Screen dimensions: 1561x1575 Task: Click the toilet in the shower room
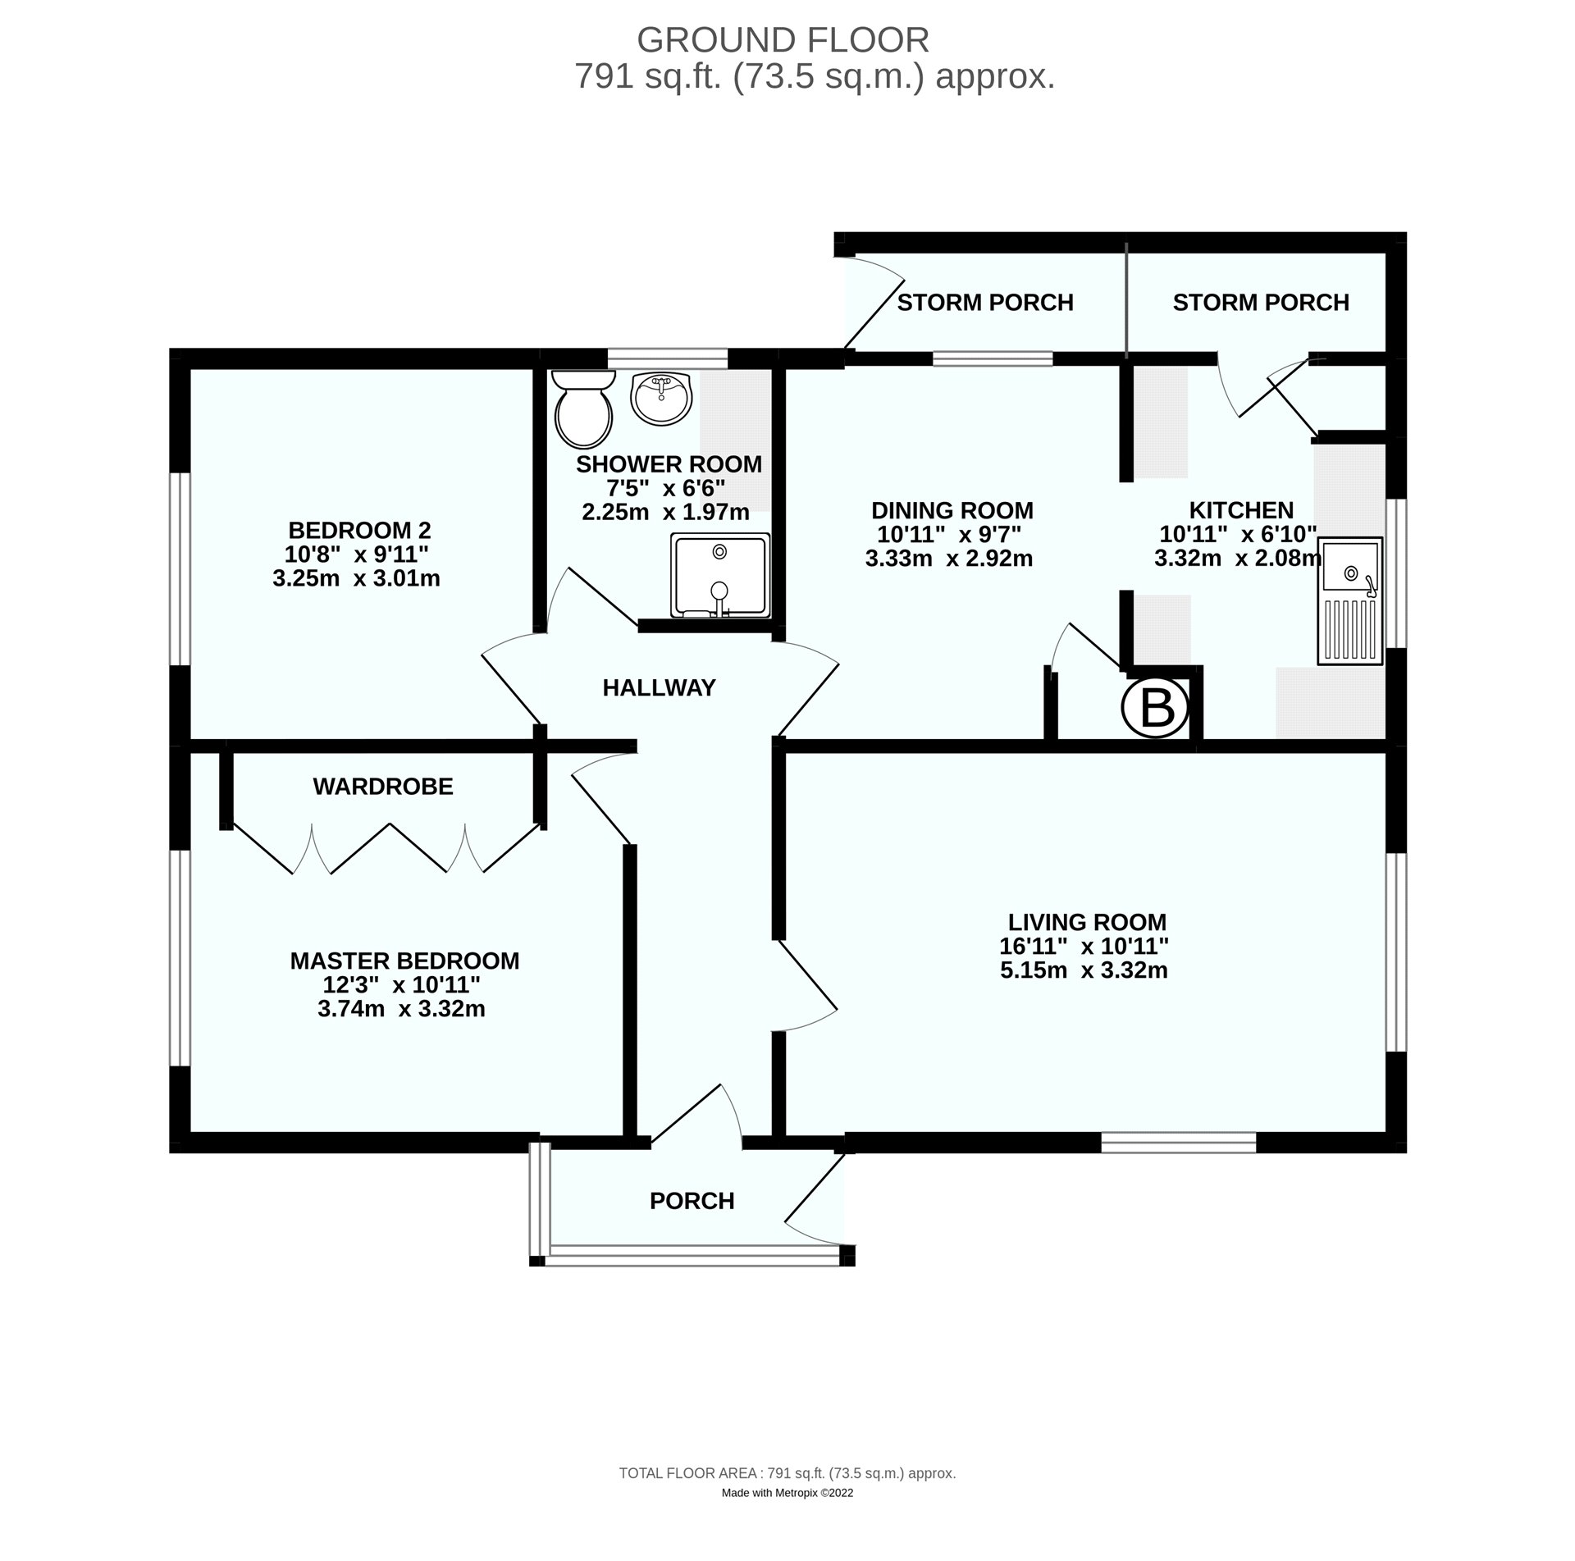(x=583, y=410)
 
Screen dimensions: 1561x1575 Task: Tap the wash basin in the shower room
(x=662, y=398)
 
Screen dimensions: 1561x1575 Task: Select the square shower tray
(x=720, y=575)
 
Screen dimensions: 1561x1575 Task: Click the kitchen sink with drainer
(x=1349, y=600)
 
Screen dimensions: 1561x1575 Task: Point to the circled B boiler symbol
(x=1155, y=707)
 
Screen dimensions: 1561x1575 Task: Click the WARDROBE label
(x=382, y=787)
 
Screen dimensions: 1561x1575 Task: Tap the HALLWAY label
(x=659, y=687)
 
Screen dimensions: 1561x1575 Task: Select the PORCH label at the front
(x=692, y=1201)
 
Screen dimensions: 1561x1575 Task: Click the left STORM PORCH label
(x=984, y=303)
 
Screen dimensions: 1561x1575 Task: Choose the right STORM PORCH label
(x=1260, y=303)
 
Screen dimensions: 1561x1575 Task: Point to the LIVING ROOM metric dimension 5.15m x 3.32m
(x=1083, y=970)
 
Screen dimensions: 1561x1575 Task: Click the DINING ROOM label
(x=952, y=510)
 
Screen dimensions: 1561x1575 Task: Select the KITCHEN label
(x=1240, y=510)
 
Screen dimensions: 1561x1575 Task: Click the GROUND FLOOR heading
(x=783, y=39)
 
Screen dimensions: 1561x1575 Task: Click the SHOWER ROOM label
(x=669, y=464)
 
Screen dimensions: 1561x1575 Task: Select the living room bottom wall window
(x=1178, y=1143)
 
